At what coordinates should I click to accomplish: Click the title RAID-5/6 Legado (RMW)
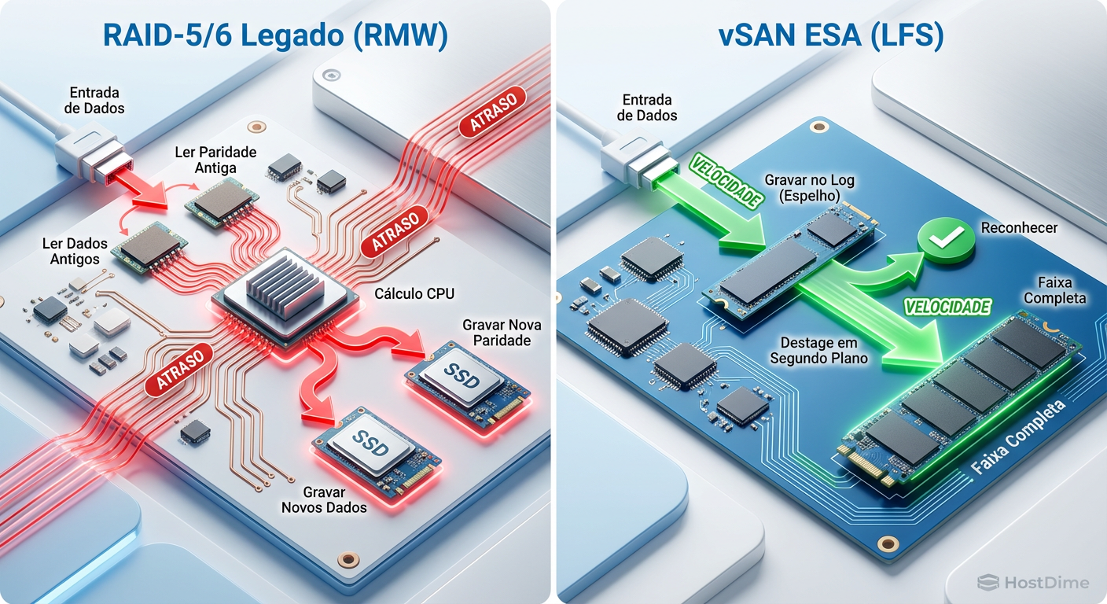275,37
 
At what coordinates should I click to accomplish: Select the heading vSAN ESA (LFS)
831,37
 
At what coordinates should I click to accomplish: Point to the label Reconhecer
1019,228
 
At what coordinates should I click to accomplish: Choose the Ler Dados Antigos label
75,251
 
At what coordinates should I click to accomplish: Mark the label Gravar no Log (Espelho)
809,187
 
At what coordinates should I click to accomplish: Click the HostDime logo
1033,583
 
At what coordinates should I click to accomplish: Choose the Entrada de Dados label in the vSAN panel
647,108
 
